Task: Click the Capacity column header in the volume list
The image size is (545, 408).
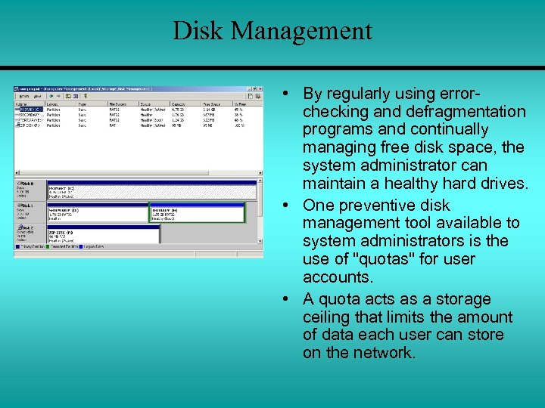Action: click(179, 104)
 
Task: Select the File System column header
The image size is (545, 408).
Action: click(119, 104)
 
